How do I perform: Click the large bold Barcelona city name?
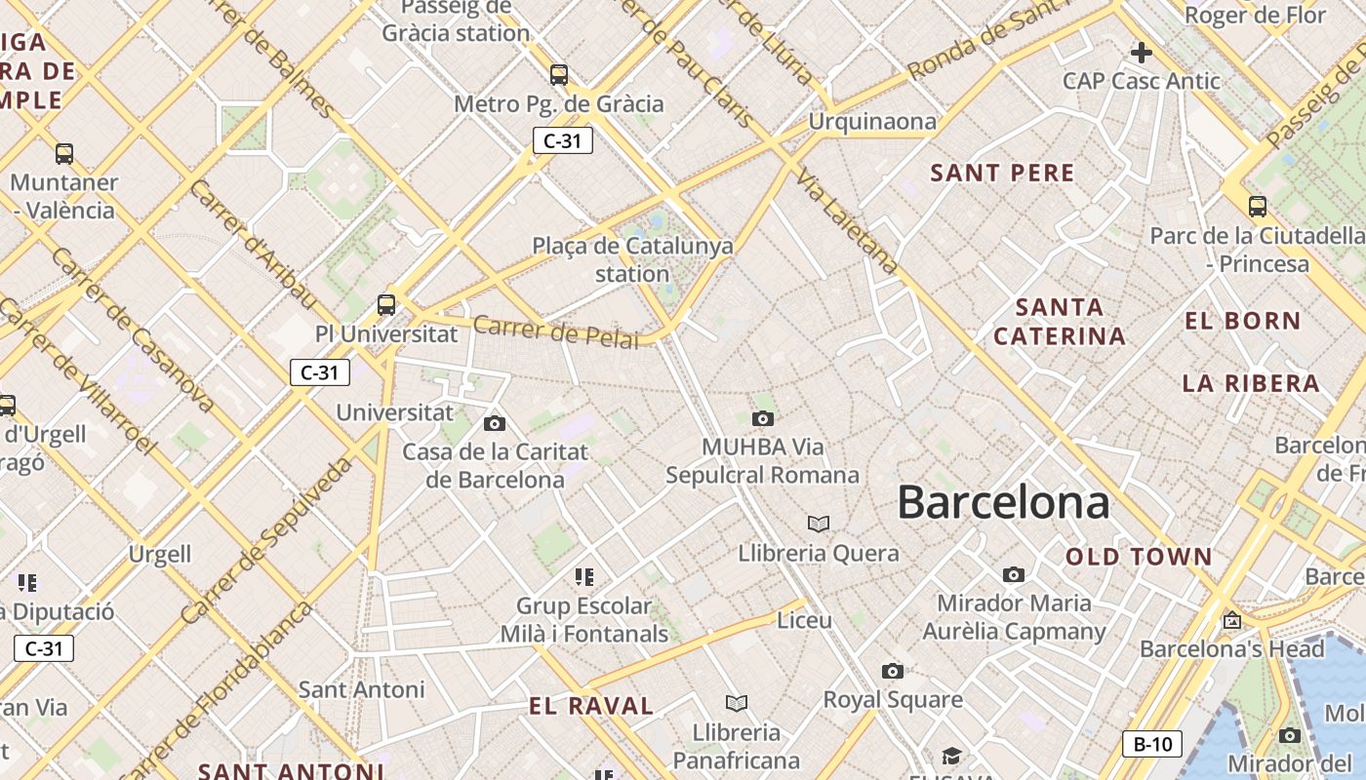1003,503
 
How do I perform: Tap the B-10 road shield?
1152,744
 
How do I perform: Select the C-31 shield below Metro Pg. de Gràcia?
562,140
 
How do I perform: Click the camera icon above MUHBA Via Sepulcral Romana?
763,419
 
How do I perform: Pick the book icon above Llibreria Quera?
819,525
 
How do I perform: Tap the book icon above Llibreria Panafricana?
737,703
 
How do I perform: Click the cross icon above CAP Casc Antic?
1142,53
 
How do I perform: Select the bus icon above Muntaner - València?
64,154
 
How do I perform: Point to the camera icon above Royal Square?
892,671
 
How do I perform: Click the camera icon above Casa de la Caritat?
495,423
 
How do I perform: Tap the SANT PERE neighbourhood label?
1002,174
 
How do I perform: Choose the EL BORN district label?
1243,321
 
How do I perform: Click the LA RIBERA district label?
1251,383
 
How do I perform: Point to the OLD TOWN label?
1139,558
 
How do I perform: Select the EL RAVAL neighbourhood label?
591,706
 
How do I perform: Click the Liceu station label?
805,620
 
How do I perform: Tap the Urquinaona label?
872,122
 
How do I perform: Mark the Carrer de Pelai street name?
556,331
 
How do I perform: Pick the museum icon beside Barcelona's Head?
1232,619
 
